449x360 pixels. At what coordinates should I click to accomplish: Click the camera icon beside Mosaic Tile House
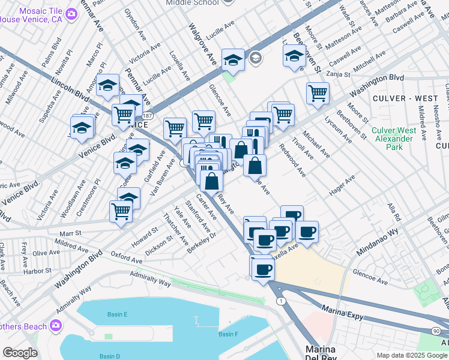71,13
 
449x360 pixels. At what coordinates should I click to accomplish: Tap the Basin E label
118,314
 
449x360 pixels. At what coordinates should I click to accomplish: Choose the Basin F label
228,334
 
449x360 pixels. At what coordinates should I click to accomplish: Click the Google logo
20,353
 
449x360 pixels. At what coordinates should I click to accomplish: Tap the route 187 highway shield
148,115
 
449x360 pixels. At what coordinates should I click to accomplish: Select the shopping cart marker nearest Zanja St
317,93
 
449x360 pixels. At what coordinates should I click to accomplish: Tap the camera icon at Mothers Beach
56,326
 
